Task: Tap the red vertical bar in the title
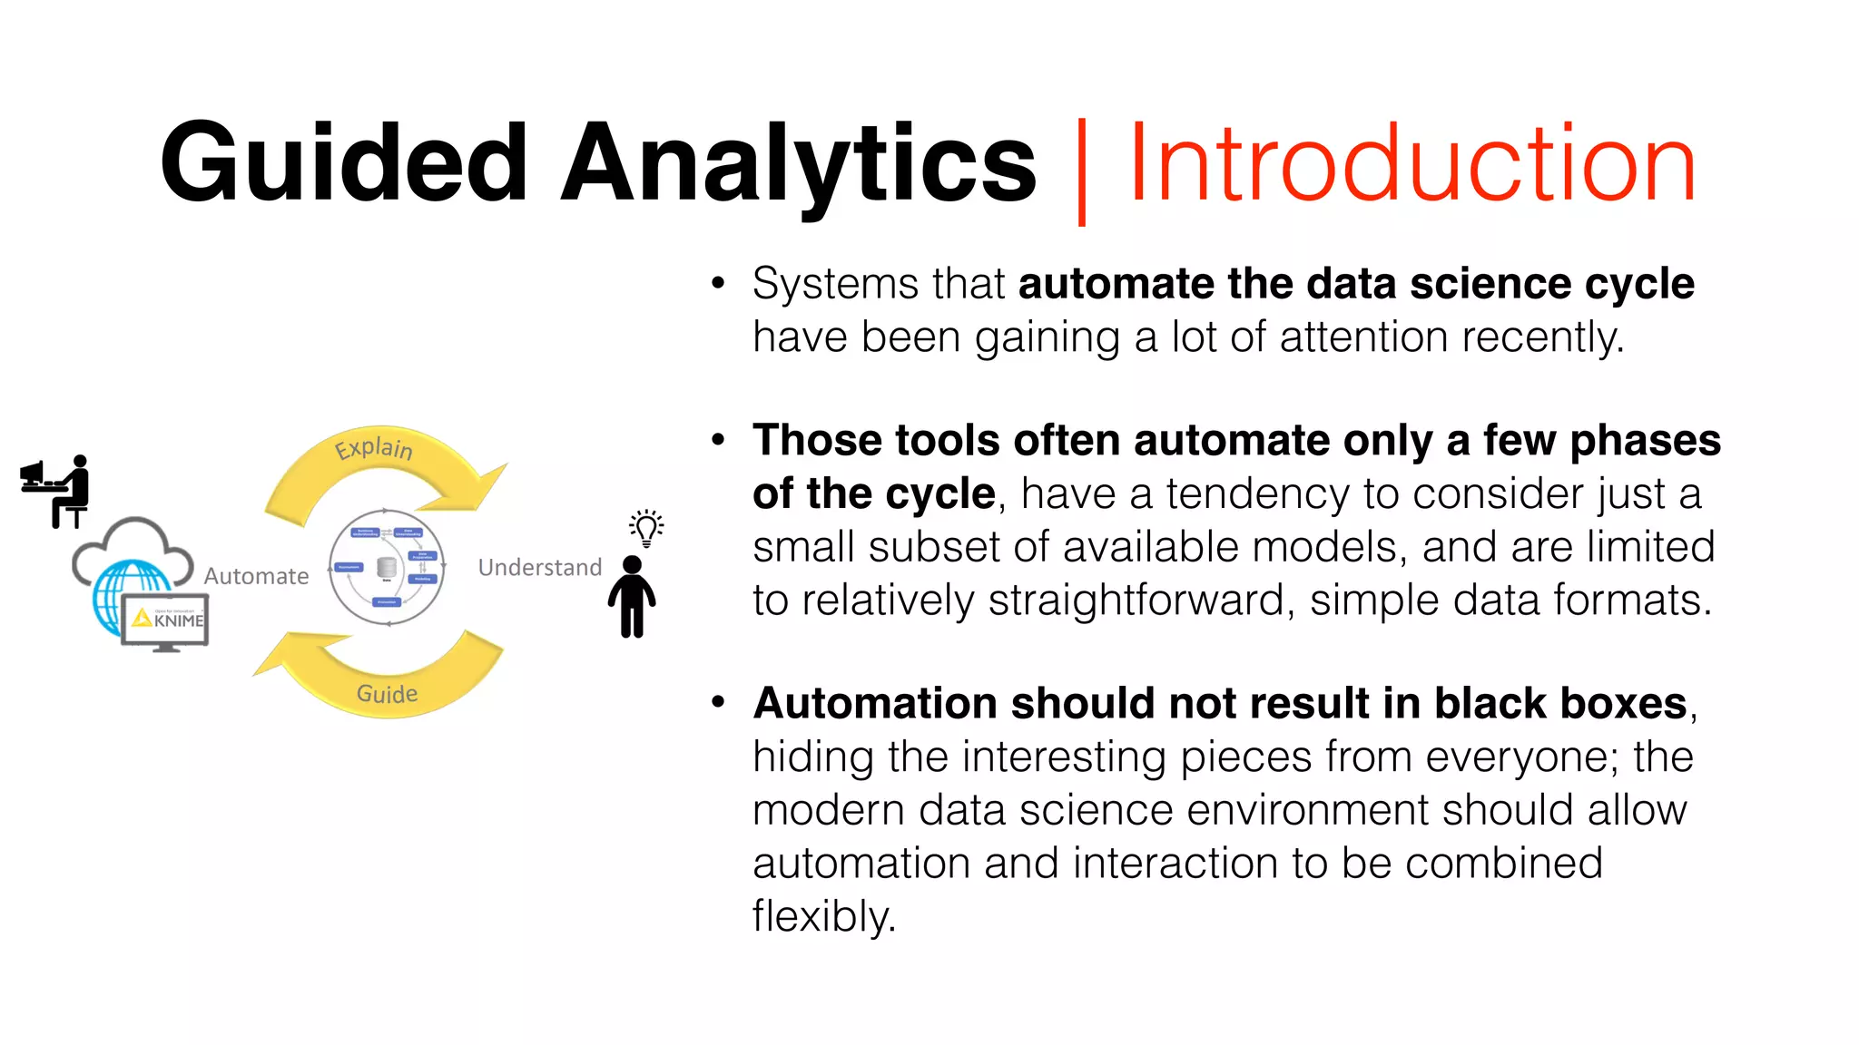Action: click(x=1081, y=171)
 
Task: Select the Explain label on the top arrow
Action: click(x=374, y=448)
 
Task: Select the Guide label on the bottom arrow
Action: click(x=388, y=694)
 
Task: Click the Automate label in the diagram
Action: click(x=256, y=576)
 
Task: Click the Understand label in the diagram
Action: click(x=540, y=568)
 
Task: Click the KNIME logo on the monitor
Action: click(x=170, y=620)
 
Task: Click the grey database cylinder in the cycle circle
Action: click(x=387, y=568)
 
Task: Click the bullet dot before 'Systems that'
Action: click(x=719, y=283)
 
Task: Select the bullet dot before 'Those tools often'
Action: click(x=719, y=441)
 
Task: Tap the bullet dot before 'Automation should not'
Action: click(x=719, y=703)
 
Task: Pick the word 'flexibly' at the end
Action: click(x=822, y=916)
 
